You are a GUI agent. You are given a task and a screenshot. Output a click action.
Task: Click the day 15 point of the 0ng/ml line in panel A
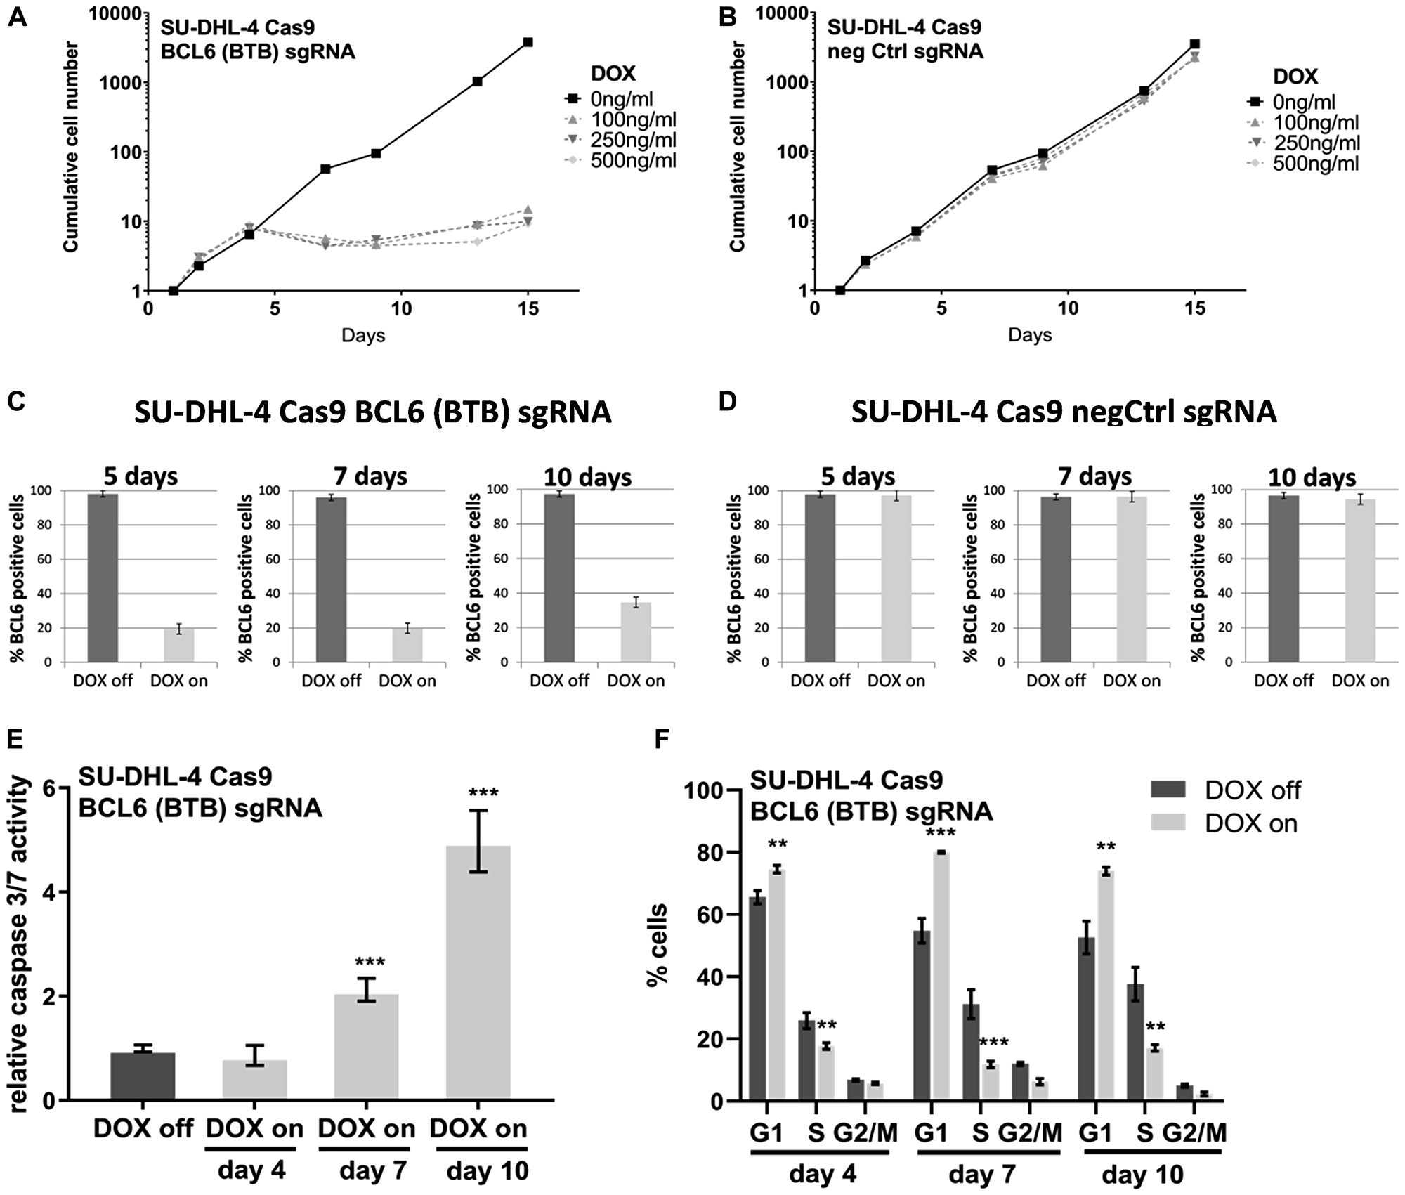point(528,42)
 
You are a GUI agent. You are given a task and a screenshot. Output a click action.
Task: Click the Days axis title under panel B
point(1029,335)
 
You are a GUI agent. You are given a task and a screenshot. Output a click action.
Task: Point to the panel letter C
point(18,402)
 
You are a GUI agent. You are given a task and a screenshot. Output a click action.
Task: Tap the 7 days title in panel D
point(1094,477)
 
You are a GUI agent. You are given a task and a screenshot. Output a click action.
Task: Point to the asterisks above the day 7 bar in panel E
point(370,962)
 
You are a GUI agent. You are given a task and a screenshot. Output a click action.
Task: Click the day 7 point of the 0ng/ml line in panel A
point(325,169)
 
